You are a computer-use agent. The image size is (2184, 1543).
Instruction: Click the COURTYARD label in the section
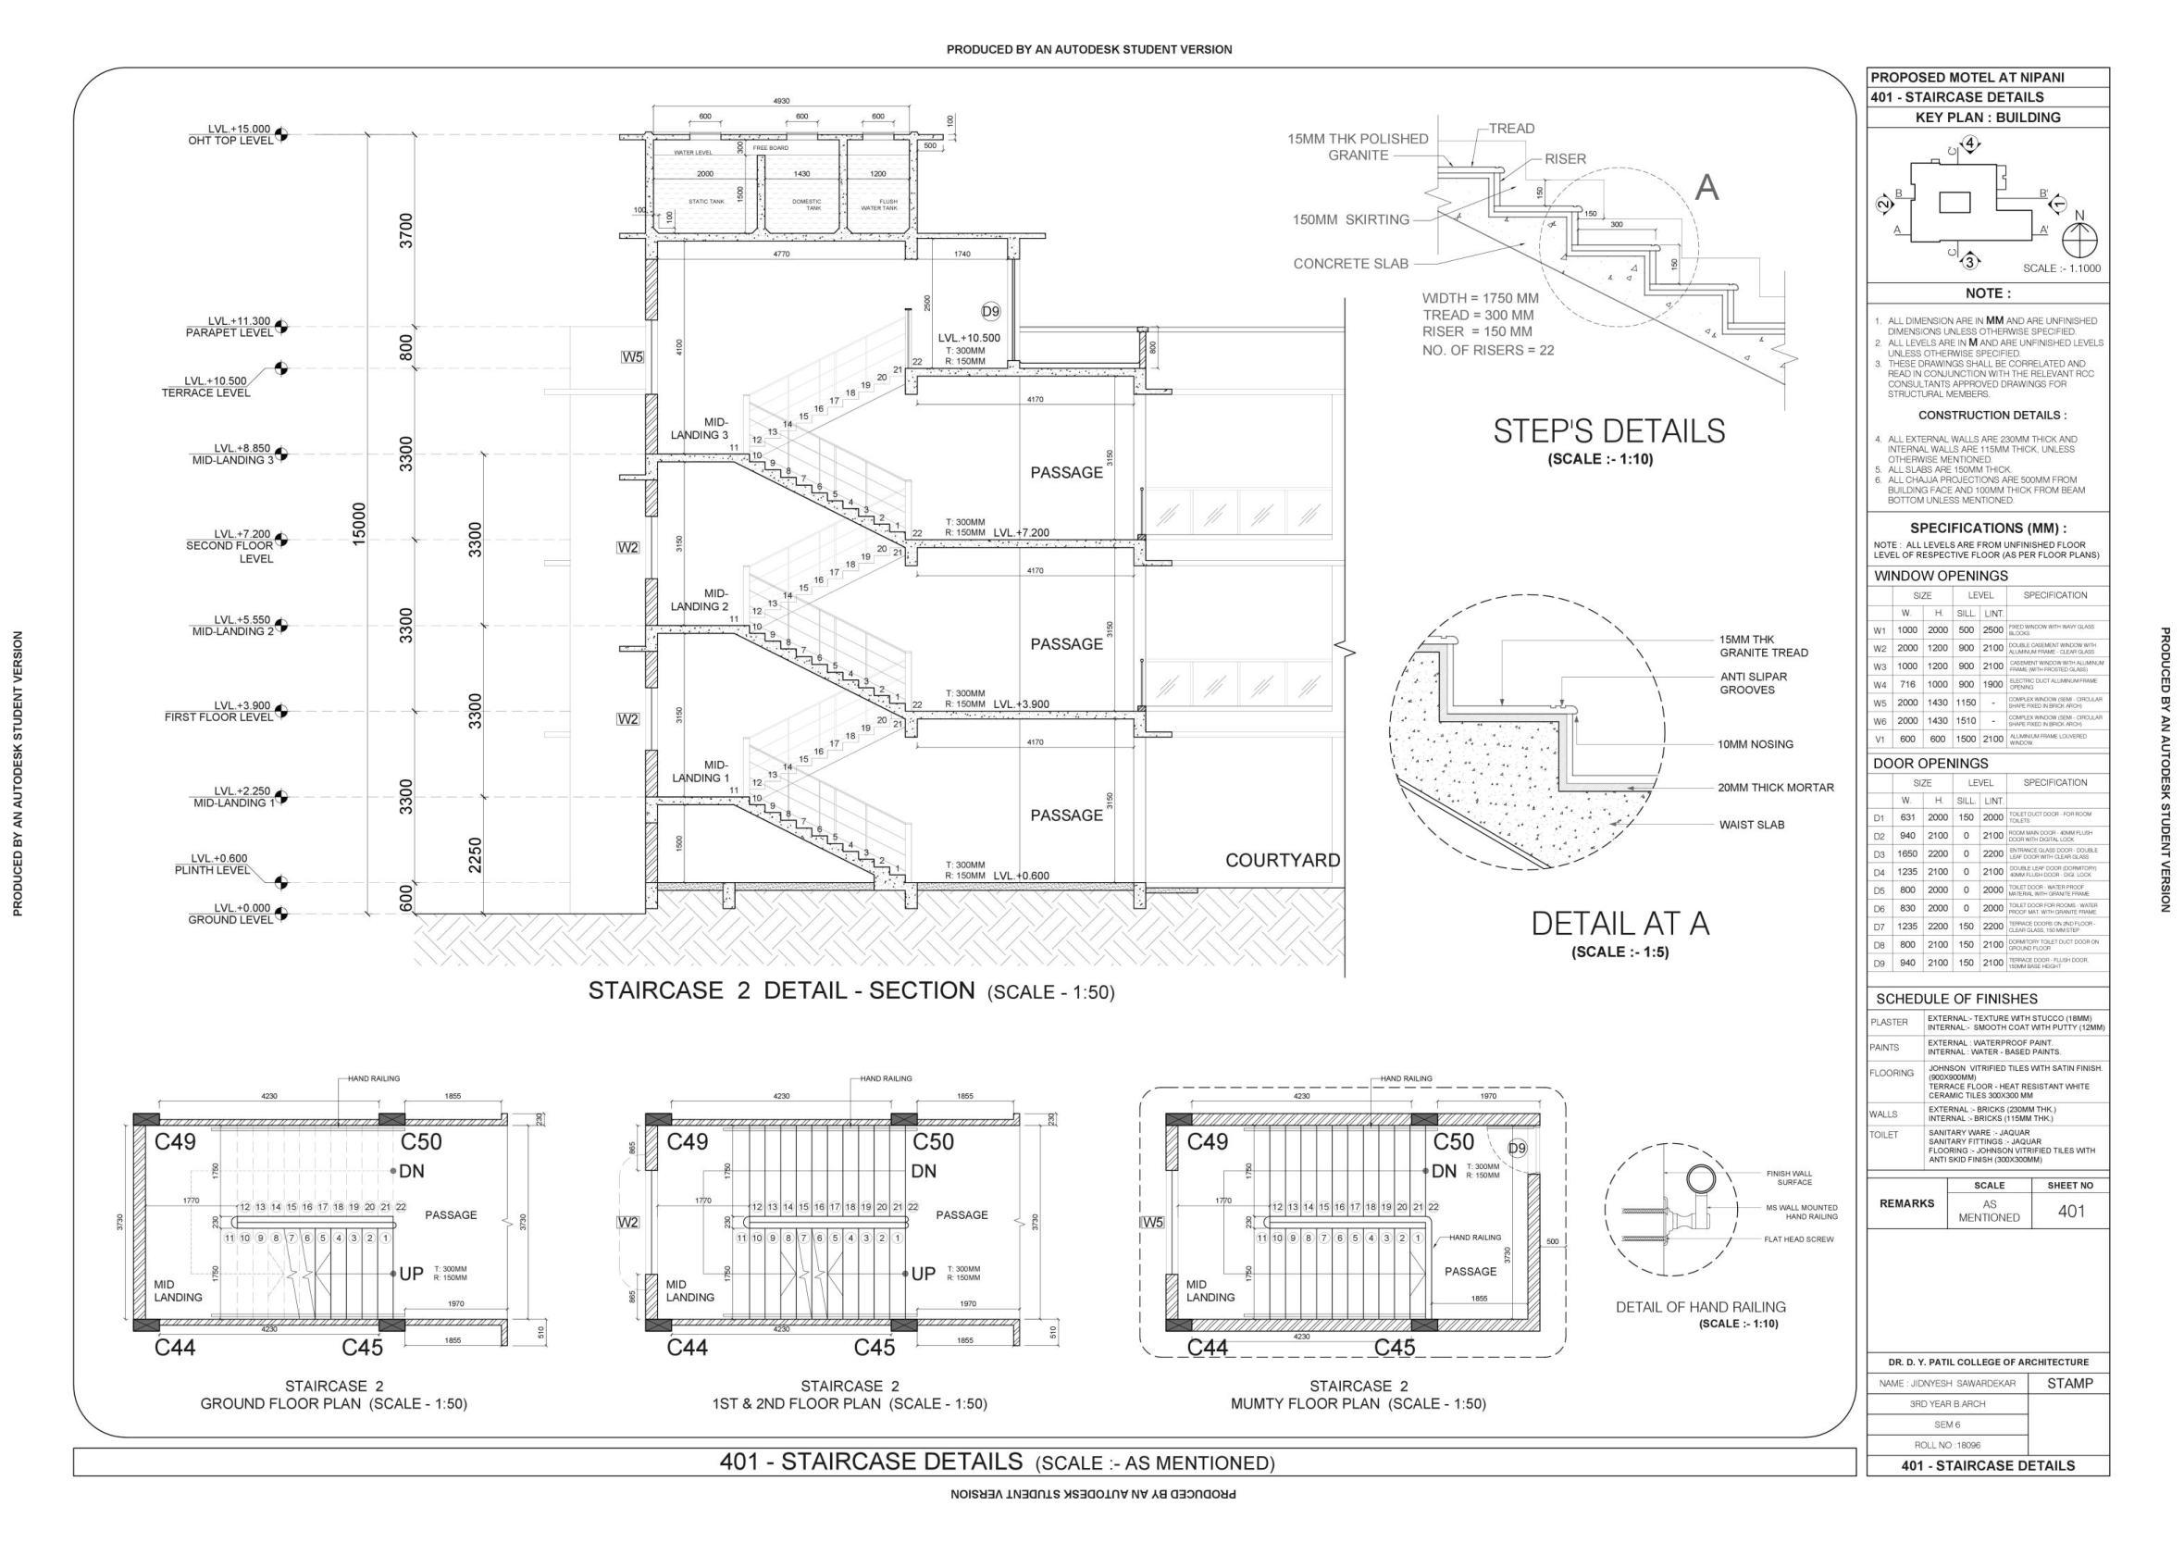[1283, 860]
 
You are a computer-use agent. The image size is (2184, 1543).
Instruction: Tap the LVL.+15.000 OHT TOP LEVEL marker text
[231, 134]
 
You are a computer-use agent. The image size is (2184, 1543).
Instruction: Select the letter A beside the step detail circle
[1706, 188]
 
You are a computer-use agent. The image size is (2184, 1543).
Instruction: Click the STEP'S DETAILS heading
[1608, 431]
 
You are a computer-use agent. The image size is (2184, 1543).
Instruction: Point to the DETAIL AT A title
[1619, 923]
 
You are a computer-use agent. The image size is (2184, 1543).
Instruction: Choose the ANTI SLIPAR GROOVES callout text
[1753, 683]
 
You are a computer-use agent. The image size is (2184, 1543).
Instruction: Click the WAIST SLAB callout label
[1751, 825]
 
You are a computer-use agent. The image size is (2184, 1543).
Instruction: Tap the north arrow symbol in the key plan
[2079, 237]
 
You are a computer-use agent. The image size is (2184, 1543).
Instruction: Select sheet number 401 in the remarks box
[2071, 1211]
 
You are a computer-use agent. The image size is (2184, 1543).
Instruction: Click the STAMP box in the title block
[2070, 1383]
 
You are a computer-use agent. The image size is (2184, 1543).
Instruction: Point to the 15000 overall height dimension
[359, 523]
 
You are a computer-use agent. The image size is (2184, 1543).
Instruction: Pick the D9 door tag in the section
[990, 311]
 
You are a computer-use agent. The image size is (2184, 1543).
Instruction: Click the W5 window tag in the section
[633, 356]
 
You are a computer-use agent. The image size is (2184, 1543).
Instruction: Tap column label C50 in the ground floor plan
[421, 1140]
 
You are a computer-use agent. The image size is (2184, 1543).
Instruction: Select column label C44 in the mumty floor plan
[1207, 1347]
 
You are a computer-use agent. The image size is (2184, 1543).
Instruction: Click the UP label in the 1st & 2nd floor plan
[923, 1273]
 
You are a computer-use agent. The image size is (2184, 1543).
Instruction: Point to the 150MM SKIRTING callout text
[1350, 219]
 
